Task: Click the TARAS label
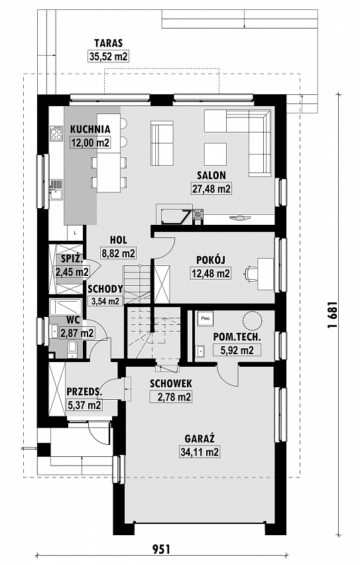(x=108, y=43)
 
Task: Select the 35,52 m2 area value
(x=108, y=56)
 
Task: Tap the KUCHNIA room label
(x=90, y=129)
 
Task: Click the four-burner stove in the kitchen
(x=56, y=134)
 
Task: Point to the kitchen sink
(x=56, y=190)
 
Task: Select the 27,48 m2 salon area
(x=211, y=188)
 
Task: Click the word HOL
(x=119, y=240)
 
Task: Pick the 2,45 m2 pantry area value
(x=72, y=271)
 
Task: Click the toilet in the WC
(x=72, y=349)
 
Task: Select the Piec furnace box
(x=206, y=318)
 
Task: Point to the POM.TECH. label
(x=237, y=338)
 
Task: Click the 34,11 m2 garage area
(x=200, y=452)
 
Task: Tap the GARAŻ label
(x=200, y=438)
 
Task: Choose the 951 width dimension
(x=160, y=549)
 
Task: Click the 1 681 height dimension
(x=332, y=314)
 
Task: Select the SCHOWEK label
(x=171, y=383)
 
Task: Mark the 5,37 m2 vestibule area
(x=85, y=405)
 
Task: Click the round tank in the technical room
(x=251, y=320)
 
